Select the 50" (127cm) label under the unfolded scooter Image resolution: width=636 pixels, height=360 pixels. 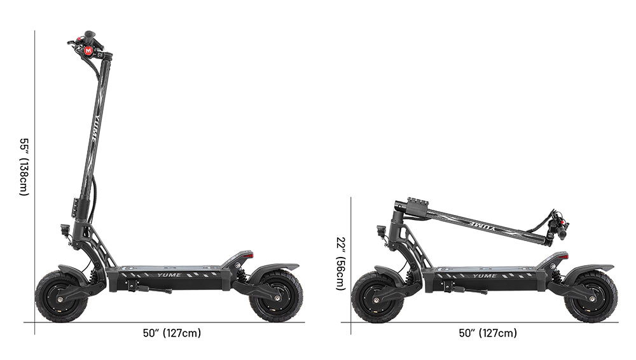(x=172, y=333)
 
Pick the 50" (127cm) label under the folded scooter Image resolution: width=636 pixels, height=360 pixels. (x=488, y=333)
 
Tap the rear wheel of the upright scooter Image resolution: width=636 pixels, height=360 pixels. (x=276, y=296)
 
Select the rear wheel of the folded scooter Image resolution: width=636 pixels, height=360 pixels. (x=591, y=296)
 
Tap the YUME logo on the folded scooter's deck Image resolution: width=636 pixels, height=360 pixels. (x=485, y=275)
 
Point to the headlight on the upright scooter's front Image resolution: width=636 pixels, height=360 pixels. (x=64, y=230)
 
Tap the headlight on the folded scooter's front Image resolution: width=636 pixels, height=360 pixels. (x=381, y=230)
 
